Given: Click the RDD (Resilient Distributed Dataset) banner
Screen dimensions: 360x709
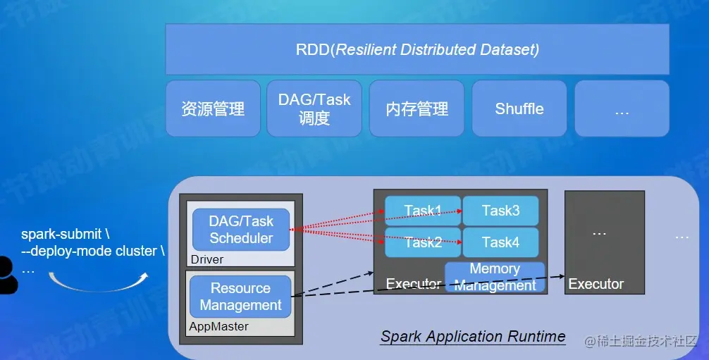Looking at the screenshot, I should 417,49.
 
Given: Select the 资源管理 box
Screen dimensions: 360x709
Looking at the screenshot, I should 213,108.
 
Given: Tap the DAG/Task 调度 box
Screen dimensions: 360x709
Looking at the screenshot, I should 314,108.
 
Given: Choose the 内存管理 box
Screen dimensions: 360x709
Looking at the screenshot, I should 417,108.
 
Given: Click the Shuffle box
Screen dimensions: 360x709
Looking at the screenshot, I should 519,108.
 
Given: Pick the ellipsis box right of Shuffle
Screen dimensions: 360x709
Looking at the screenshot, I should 622,108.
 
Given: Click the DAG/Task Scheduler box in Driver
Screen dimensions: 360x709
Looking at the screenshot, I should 241,230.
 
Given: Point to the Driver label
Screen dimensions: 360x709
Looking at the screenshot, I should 207,259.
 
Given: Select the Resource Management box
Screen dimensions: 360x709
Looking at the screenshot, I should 240,297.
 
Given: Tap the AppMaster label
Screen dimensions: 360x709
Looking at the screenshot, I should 218,327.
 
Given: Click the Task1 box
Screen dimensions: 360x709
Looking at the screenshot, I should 423,210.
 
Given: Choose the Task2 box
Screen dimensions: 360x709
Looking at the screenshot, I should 423,242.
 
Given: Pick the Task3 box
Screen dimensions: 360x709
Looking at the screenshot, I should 500,210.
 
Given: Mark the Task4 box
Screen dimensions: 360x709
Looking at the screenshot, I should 500,242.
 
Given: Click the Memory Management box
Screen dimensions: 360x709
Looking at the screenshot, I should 495,277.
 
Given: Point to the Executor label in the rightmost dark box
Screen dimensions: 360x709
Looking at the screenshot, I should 596,284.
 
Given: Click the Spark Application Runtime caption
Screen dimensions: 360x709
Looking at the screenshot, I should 473,337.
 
